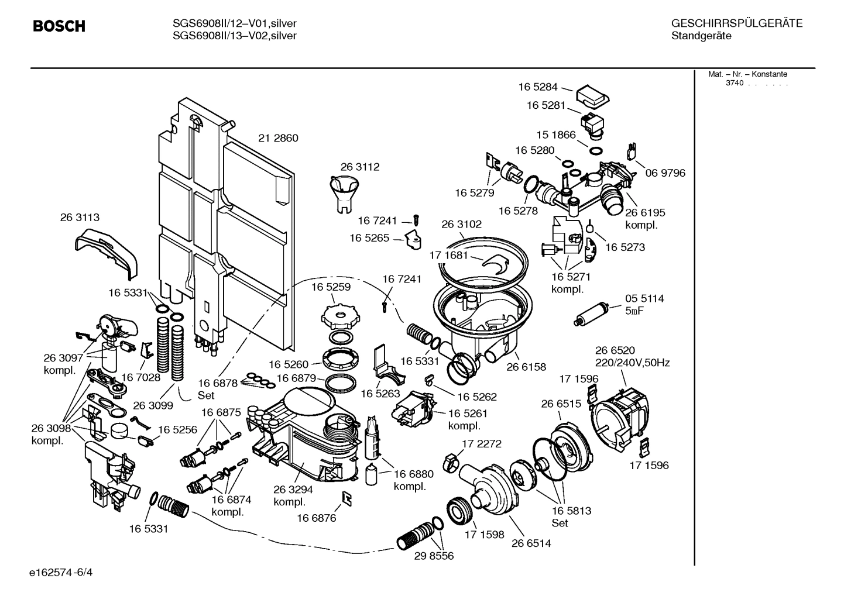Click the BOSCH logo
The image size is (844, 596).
[x=59, y=26]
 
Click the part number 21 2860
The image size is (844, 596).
[x=278, y=138]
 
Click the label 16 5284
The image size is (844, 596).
[x=538, y=87]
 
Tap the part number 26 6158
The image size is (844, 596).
[x=526, y=367]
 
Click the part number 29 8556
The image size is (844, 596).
[x=434, y=556]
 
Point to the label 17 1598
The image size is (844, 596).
[x=484, y=535]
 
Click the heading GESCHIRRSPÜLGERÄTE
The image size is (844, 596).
[x=736, y=23]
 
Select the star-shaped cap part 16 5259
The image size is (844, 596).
[x=339, y=316]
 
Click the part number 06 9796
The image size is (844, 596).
[x=665, y=173]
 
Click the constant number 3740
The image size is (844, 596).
[x=734, y=83]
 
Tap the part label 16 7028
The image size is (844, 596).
[x=140, y=377]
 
